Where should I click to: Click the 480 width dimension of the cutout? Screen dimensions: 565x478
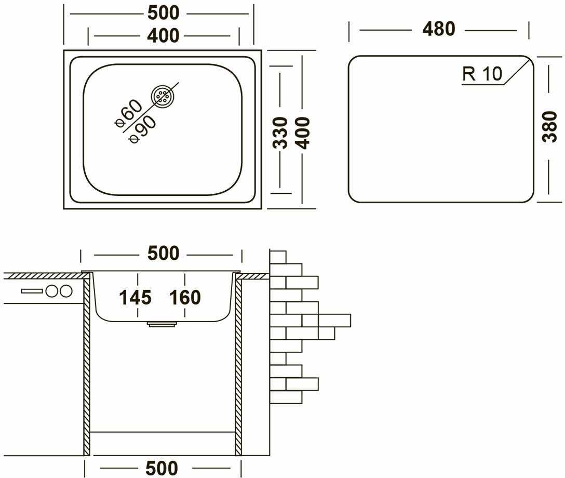click(439, 29)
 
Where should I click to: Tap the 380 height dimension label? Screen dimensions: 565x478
click(550, 127)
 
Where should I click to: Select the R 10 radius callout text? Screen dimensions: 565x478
click(482, 74)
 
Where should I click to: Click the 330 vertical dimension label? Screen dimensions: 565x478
click(280, 133)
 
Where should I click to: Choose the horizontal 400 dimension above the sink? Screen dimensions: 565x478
click(163, 36)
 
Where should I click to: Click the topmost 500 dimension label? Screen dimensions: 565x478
click(163, 13)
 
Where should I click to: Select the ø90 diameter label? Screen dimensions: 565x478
click(143, 129)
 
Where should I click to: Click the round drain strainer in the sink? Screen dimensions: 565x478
click(162, 97)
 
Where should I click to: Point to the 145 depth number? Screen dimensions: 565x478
click(136, 298)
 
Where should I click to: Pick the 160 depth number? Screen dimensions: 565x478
click(185, 298)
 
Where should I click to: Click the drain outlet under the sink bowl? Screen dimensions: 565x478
click(162, 324)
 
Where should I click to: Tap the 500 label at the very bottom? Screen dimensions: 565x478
click(162, 468)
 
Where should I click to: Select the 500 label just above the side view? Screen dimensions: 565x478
click(163, 254)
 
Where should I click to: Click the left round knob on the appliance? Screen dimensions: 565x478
click(51, 291)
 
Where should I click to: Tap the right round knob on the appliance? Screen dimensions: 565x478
click(66, 291)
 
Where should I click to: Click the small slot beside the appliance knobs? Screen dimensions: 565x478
click(32, 291)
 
